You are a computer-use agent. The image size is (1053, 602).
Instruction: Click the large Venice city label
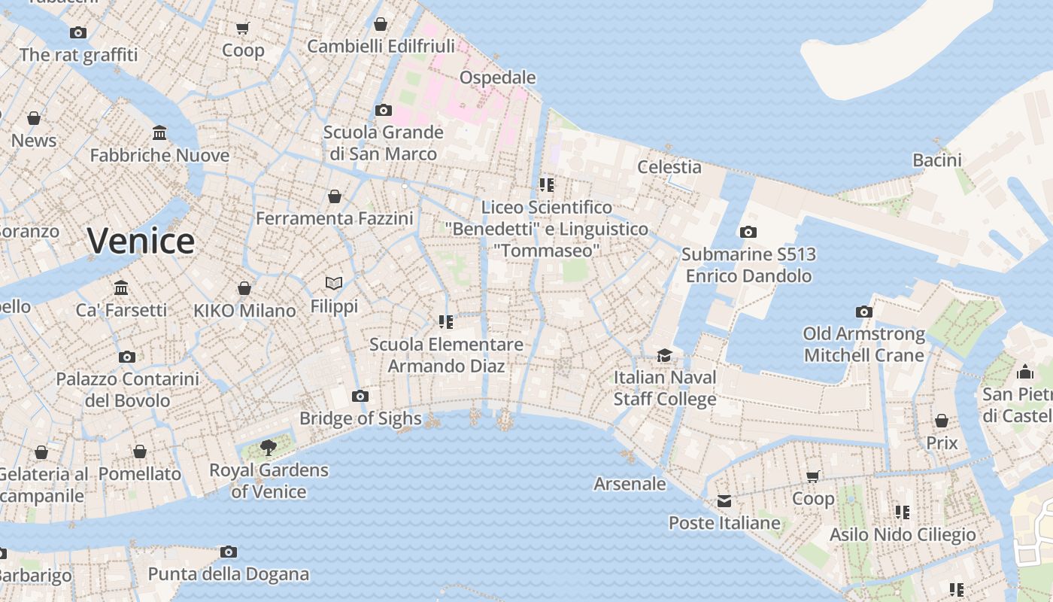pos(141,241)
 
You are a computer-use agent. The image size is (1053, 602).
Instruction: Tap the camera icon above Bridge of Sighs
pos(360,397)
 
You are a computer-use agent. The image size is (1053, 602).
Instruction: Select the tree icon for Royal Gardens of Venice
pos(268,448)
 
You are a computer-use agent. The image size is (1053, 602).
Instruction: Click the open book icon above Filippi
pos(334,283)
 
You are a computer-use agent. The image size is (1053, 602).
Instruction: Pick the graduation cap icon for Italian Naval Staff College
pos(664,355)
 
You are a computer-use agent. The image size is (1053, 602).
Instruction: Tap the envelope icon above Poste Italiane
pos(724,501)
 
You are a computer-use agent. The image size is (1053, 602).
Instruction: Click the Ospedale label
pos(497,78)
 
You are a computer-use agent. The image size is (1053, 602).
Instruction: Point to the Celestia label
pos(669,167)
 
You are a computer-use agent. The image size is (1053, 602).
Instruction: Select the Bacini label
pos(937,160)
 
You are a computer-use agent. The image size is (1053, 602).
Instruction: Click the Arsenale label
pos(630,484)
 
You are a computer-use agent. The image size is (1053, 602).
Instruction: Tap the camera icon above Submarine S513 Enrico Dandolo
pos(748,233)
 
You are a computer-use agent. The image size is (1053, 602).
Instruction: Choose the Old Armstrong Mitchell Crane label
pos(864,344)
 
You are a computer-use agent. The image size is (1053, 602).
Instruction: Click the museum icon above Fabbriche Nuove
pos(159,133)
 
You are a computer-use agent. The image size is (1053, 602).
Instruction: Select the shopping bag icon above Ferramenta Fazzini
pos(335,196)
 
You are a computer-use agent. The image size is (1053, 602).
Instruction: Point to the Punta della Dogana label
pos(228,574)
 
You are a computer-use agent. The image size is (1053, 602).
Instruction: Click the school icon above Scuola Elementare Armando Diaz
pos(445,322)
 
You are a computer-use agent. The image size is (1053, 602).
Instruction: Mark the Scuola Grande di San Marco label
pos(383,143)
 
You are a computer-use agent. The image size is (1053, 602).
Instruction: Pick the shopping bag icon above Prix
pos(942,421)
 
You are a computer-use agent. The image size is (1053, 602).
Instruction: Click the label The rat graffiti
pos(78,55)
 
